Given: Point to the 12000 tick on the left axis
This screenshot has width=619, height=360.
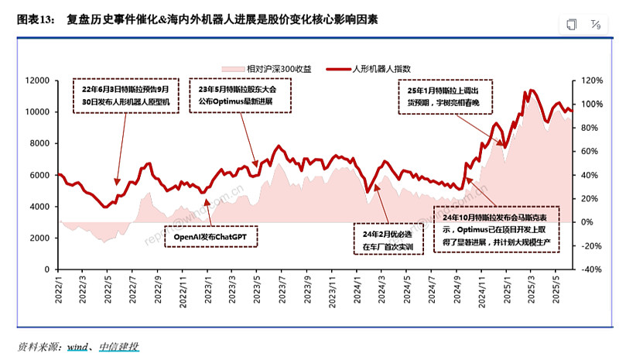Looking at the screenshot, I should click(x=38, y=81).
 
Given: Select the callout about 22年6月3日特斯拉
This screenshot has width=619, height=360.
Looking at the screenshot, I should click(x=130, y=95).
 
